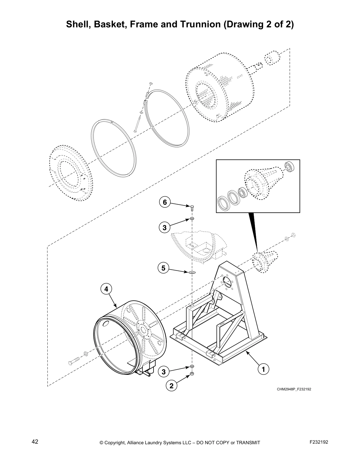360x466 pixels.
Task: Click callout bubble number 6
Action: (165, 202)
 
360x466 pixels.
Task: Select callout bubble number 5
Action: (164, 268)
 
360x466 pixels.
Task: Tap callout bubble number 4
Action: (106, 289)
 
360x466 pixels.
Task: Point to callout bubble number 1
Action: (264, 369)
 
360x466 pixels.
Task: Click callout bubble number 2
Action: (171, 385)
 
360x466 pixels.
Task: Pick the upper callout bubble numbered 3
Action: (165, 227)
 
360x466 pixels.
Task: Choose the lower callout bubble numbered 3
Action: (164, 372)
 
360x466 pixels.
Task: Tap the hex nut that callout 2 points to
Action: (192, 374)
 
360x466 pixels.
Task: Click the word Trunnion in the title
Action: (199, 24)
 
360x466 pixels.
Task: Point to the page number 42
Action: (35, 450)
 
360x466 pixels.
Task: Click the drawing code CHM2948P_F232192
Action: (294, 389)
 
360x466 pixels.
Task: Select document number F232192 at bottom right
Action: (319, 450)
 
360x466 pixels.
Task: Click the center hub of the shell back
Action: (143, 329)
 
